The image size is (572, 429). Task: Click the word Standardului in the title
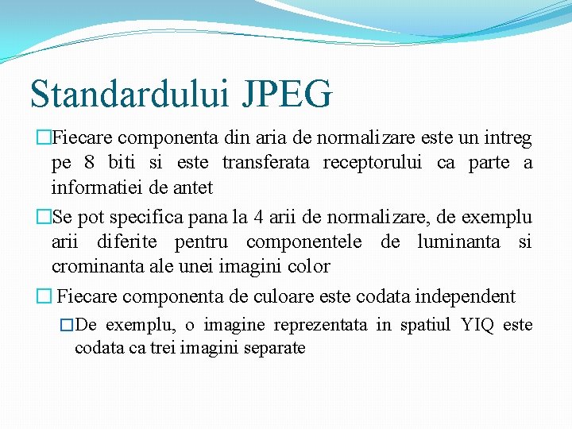(x=129, y=94)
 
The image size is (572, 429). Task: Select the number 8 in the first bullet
(x=90, y=164)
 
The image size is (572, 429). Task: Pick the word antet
(x=195, y=188)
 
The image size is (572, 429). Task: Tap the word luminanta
(x=462, y=242)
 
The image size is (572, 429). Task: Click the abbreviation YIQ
(x=478, y=325)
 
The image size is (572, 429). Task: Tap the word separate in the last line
(x=276, y=348)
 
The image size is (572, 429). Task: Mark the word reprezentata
(x=321, y=325)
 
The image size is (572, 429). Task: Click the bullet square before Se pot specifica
(x=44, y=217)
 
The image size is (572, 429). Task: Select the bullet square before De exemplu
(x=67, y=326)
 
